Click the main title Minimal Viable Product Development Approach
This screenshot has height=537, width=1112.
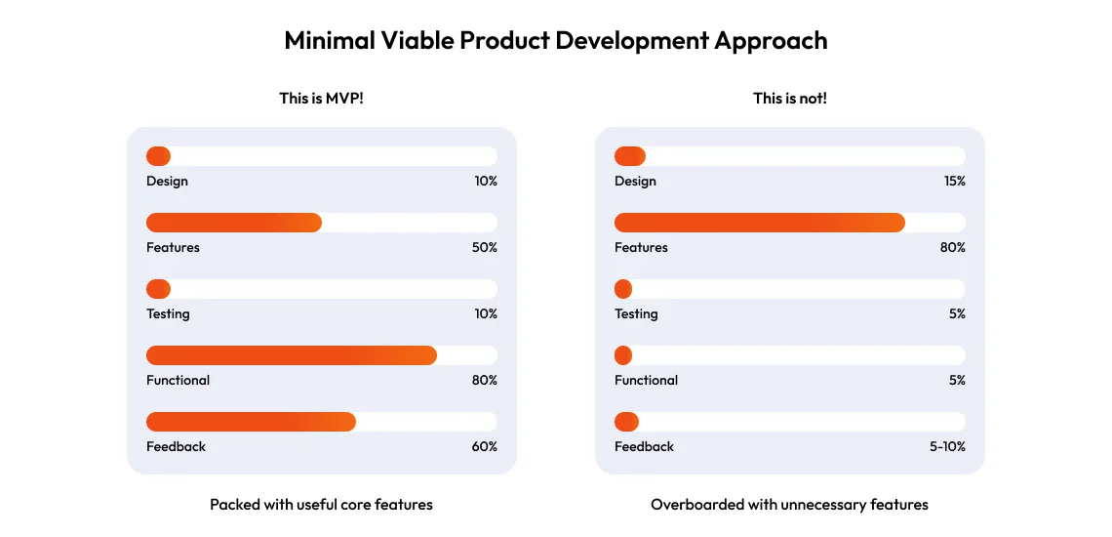tap(555, 41)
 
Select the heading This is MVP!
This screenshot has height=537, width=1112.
tap(321, 98)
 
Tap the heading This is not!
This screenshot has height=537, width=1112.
tap(789, 98)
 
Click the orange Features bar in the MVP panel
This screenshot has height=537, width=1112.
tap(234, 223)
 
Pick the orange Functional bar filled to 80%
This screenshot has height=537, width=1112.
tap(291, 355)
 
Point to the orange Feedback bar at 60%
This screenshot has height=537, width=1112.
tap(251, 422)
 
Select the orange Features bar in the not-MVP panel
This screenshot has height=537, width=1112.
tap(759, 223)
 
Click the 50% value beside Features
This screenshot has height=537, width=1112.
tap(484, 248)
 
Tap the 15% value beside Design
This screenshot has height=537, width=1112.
tap(954, 182)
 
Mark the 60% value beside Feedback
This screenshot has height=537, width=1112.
tap(484, 447)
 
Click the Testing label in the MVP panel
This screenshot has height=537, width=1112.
tap(168, 314)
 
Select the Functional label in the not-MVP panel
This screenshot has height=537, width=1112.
tap(646, 381)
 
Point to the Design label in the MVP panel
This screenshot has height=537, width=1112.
tap(167, 182)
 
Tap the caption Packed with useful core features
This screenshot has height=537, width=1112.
tap(321, 505)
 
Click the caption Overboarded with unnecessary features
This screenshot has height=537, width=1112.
tap(789, 505)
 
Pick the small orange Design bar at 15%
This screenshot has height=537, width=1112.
tap(630, 156)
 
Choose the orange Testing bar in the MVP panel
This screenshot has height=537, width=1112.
tap(158, 289)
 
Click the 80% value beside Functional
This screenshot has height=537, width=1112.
tap(484, 381)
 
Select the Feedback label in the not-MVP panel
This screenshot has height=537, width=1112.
tap(644, 447)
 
